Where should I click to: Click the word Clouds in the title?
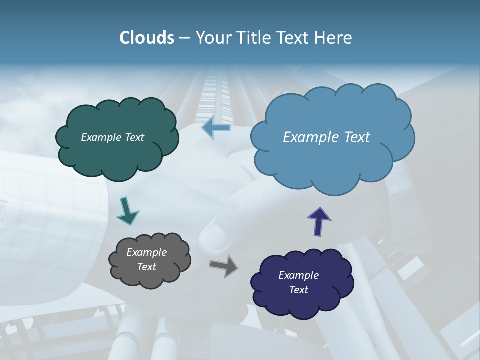[146, 38]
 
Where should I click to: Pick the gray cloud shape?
[150, 280]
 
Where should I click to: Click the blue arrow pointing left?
[216, 128]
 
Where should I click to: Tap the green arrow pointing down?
[127, 212]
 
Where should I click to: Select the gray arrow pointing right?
[224, 266]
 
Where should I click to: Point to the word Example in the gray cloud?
[147, 252]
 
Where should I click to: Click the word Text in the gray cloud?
[147, 267]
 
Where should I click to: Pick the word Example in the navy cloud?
[299, 275]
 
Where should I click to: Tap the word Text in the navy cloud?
[299, 290]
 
